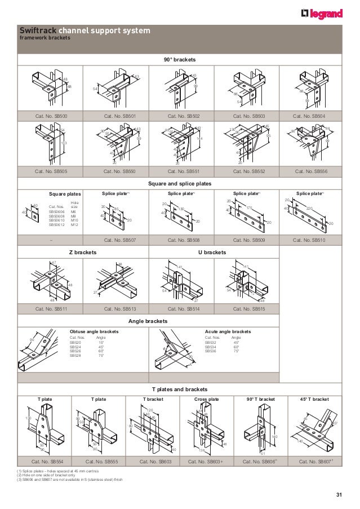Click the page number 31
click(339, 495)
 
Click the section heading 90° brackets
click(180, 59)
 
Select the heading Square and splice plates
click(180, 183)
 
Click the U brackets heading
click(212, 252)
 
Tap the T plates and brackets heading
click(180, 390)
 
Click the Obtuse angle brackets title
click(94, 332)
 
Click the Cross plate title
click(207, 399)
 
